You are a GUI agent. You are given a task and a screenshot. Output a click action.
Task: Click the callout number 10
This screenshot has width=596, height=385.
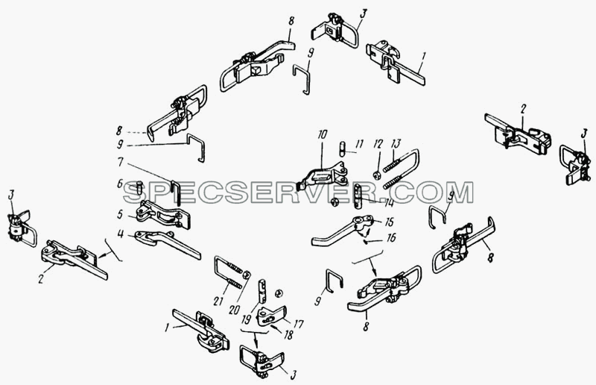click(323, 136)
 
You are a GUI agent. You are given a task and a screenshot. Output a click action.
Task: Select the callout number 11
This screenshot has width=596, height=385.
click(359, 144)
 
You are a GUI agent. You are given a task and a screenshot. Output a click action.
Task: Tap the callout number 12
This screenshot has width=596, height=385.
click(378, 144)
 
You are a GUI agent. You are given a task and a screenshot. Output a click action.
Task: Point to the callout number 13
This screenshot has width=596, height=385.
click(396, 144)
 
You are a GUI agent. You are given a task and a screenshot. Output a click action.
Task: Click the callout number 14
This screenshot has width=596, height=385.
click(388, 204)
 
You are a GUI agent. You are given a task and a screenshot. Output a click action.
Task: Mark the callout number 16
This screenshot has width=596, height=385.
click(390, 238)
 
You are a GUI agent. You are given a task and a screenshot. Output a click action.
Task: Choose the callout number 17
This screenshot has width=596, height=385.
click(299, 324)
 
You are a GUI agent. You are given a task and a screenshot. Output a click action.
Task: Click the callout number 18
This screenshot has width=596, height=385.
click(288, 335)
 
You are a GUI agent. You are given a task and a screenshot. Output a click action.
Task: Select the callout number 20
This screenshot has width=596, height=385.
click(234, 310)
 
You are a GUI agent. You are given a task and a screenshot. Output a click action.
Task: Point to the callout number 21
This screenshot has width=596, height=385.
click(218, 301)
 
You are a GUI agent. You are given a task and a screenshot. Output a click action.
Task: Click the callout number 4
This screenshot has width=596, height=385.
click(121, 234)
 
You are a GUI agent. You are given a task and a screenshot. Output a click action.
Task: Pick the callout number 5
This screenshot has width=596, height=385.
click(120, 214)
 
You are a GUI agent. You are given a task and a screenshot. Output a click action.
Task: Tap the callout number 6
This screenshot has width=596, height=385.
click(120, 184)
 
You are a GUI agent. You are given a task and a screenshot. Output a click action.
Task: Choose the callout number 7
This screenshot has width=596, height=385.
click(121, 162)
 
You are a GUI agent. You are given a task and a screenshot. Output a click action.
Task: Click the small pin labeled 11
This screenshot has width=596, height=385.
click(343, 148)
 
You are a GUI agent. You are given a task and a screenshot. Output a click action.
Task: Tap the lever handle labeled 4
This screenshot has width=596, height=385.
click(168, 244)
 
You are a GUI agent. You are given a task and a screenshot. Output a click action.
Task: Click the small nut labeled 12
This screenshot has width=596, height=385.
click(376, 175)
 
